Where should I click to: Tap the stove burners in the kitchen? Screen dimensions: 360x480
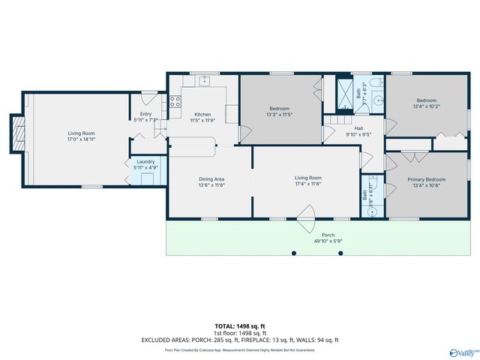click(175, 103)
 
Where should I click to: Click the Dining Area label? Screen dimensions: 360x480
click(211, 178)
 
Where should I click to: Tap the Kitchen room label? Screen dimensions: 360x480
click(202, 114)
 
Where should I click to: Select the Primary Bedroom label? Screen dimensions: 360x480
click(426, 179)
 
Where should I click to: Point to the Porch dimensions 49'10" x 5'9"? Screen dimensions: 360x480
click(327, 241)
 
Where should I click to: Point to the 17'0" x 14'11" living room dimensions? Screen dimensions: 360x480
click(81, 139)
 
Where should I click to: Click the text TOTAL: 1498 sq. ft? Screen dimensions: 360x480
click(240, 326)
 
